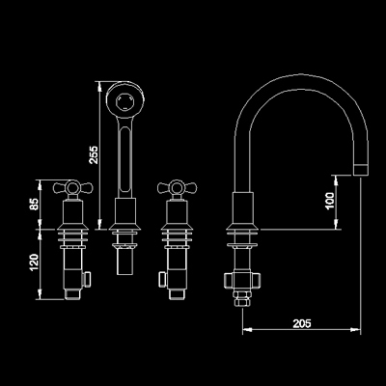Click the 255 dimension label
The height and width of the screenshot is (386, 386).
click(x=94, y=154)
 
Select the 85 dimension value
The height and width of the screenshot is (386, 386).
click(x=34, y=204)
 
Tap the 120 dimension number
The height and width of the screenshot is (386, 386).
click(x=34, y=262)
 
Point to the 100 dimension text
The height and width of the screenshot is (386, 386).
click(x=330, y=201)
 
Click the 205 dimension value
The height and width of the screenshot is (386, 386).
click(x=302, y=323)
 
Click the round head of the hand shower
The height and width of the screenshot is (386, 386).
click(x=125, y=99)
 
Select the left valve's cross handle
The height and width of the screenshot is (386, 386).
click(x=72, y=187)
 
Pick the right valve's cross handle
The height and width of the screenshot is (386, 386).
click(x=178, y=187)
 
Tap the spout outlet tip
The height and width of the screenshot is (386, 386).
click(x=361, y=170)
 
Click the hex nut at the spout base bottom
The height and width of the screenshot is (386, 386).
click(x=242, y=298)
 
